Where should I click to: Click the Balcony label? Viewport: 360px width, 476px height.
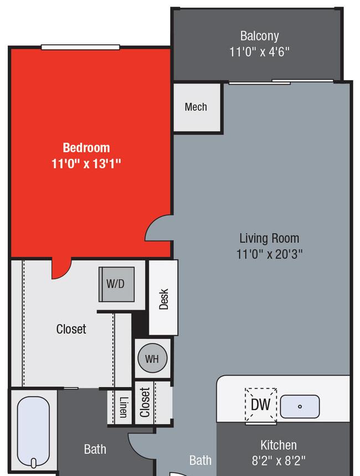click(259, 36)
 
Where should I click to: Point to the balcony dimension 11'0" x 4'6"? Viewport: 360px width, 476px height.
click(259, 51)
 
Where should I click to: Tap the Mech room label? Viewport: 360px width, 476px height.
click(196, 107)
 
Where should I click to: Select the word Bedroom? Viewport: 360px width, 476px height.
click(86, 148)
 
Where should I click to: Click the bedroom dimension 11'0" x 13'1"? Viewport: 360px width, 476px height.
click(86, 164)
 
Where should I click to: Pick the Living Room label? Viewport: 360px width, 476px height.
click(269, 239)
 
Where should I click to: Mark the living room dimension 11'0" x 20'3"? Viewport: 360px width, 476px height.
click(269, 254)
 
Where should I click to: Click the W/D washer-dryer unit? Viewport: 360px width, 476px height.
click(117, 284)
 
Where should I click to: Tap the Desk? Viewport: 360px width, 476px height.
click(163, 298)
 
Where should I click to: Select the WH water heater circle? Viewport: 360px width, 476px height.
click(152, 358)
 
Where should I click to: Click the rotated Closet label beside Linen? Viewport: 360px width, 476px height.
click(145, 402)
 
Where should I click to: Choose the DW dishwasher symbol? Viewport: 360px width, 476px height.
click(261, 405)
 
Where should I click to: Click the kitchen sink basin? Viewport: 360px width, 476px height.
click(300, 406)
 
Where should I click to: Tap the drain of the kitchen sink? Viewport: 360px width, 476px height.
click(300, 406)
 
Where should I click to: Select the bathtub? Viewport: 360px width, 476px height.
click(33, 432)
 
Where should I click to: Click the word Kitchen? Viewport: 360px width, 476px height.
click(278, 445)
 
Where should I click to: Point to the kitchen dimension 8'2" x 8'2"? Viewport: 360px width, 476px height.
click(278, 461)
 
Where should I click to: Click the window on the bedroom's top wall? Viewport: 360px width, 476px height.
click(80, 47)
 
